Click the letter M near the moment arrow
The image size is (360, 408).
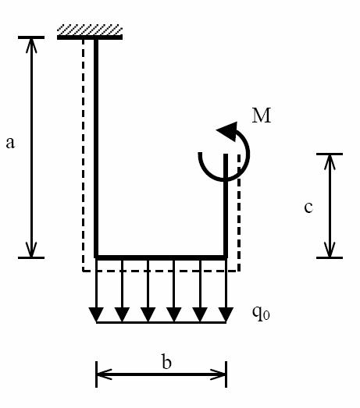tap(262, 115)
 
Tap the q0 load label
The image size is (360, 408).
tap(261, 313)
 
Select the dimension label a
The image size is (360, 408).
tap(10, 143)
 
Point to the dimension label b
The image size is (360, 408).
tap(166, 361)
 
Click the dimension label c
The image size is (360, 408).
tap(308, 208)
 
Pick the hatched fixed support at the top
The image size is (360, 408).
tap(90, 32)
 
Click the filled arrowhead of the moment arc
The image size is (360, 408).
tap(227, 131)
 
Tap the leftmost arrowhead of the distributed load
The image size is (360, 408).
tap(96, 314)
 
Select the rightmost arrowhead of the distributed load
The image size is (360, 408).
tap(226, 314)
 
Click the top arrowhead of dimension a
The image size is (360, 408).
tap(31, 45)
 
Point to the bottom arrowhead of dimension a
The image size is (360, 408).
tap(31, 250)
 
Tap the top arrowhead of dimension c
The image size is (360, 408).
tap(330, 161)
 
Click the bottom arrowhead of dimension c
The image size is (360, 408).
tap(330, 250)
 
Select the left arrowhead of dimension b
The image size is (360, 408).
tap(104, 374)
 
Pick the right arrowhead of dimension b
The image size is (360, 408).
tap(219, 374)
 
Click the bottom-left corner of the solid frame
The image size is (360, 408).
tap(96, 257)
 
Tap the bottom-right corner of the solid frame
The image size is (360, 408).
tap(226, 257)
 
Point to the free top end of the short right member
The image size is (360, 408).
tap(226, 154)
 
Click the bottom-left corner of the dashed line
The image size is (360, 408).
tap(83, 271)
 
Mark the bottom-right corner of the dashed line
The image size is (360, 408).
tap(239, 271)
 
